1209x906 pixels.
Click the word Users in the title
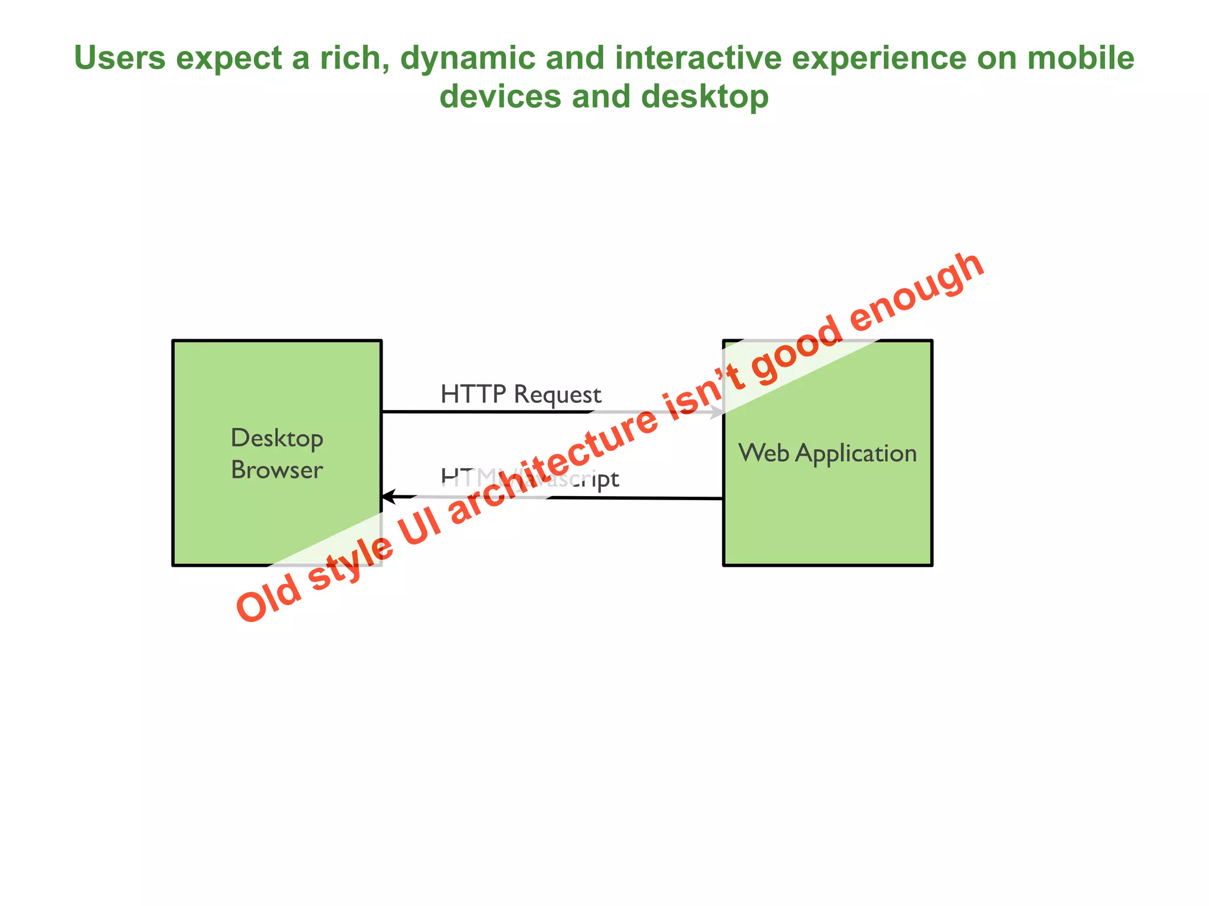pyautogui.click(x=120, y=58)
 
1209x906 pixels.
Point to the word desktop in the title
pyautogui.click(x=705, y=96)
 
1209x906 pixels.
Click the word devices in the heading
pyautogui.click(x=501, y=96)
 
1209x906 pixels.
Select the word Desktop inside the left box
pyautogui.click(x=277, y=438)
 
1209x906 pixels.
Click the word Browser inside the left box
pyautogui.click(x=277, y=470)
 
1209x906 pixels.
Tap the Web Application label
pyautogui.click(x=827, y=453)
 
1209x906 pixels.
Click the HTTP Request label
pyautogui.click(x=521, y=394)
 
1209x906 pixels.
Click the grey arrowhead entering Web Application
pyautogui.click(x=717, y=412)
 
